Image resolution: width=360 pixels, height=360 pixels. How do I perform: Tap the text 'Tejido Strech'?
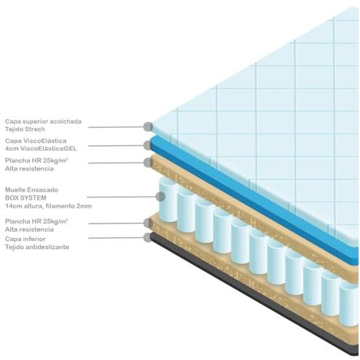(x=25, y=129)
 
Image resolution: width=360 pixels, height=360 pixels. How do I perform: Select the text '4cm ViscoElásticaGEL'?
(x=41, y=149)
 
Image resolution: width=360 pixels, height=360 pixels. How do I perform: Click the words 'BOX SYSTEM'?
(x=25, y=198)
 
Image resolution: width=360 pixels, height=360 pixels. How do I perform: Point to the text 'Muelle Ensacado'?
(x=32, y=190)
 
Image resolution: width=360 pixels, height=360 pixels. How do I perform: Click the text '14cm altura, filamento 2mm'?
(x=49, y=206)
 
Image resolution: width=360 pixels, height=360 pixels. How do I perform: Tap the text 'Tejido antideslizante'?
(x=37, y=247)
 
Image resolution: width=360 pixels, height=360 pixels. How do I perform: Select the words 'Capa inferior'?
(x=25, y=239)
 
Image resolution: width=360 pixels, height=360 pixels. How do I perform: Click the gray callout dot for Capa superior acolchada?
(x=148, y=126)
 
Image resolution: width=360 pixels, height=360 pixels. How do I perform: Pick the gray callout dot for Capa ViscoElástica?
(x=148, y=145)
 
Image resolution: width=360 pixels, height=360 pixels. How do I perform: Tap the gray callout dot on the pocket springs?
(x=160, y=197)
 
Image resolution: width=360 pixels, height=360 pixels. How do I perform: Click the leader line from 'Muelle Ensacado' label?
(x=121, y=197)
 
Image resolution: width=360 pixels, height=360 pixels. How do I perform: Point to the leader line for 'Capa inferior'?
(x=116, y=238)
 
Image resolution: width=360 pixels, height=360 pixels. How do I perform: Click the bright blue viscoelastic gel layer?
(x=254, y=201)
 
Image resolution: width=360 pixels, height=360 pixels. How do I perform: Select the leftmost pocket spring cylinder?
(x=168, y=200)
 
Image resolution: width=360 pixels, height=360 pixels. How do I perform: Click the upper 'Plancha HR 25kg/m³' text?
(x=36, y=160)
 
